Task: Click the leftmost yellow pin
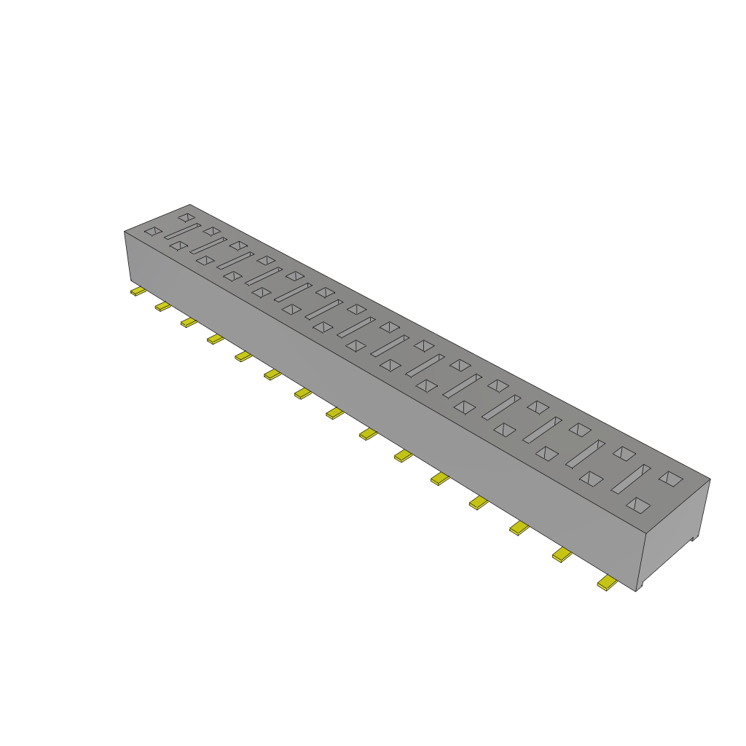(x=138, y=292)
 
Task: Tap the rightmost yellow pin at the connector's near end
(x=606, y=583)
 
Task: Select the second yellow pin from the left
(x=162, y=307)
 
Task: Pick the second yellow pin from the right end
(x=561, y=556)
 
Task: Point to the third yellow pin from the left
(x=189, y=322)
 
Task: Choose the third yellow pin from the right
(x=518, y=528)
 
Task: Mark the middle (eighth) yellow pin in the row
(x=334, y=413)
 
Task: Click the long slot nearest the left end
(x=182, y=232)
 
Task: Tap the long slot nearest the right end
(x=630, y=479)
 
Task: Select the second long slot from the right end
(x=586, y=454)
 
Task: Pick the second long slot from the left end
(x=208, y=246)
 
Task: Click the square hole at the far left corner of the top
(x=153, y=231)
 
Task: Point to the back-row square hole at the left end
(x=187, y=217)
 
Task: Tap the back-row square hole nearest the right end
(x=670, y=479)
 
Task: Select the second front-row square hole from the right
(x=592, y=479)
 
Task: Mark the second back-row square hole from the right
(x=624, y=453)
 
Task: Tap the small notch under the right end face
(x=694, y=538)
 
